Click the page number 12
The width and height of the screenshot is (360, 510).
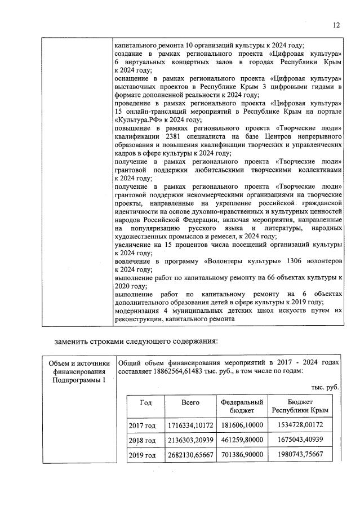pos(336,25)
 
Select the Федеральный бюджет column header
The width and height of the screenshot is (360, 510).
pos(242,407)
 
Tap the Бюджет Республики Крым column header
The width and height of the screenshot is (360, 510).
pos(300,407)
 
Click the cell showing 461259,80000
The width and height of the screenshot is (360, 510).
pos(242,440)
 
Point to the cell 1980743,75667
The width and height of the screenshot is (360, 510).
pos(300,455)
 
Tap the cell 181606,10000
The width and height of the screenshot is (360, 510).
pos(242,425)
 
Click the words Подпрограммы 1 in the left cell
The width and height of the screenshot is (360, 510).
pos(78,380)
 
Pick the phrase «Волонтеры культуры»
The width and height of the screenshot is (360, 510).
pos(223,261)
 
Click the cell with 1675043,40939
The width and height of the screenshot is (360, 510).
pos(300,440)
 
